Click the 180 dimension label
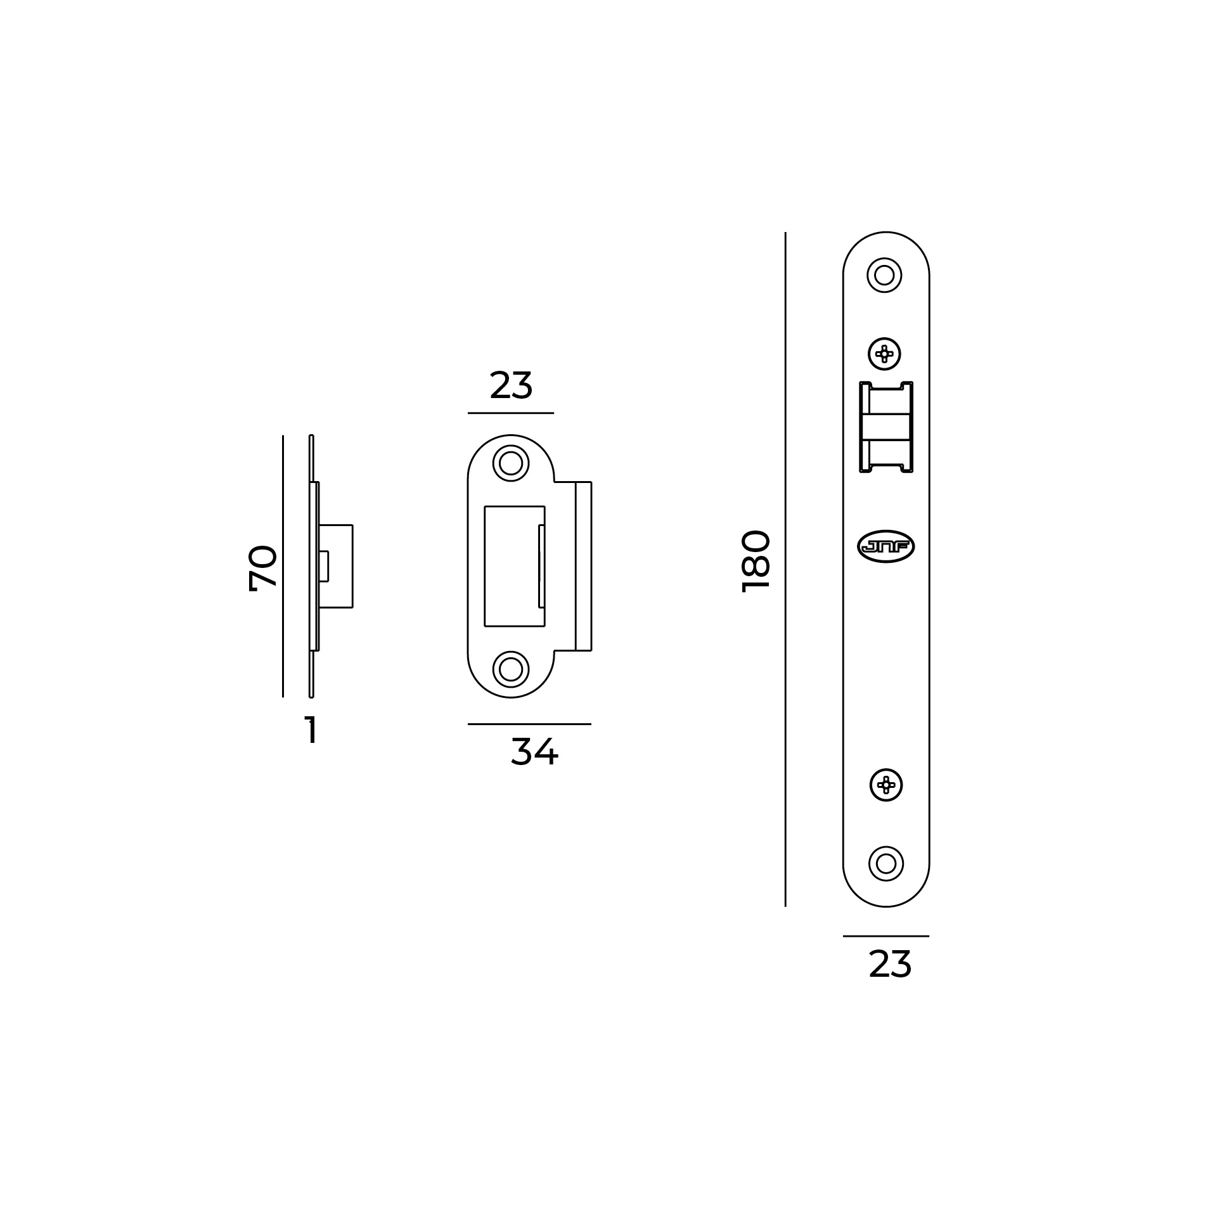click(x=756, y=561)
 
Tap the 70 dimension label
click(x=263, y=568)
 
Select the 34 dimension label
click(x=534, y=752)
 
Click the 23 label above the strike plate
click(x=511, y=385)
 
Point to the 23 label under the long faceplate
click(x=890, y=965)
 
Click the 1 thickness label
click(x=311, y=730)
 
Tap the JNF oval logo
click(x=885, y=546)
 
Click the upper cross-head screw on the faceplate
click(x=884, y=354)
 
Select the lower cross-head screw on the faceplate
click(x=885, y=785)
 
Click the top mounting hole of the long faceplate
click(x=884, y=275)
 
